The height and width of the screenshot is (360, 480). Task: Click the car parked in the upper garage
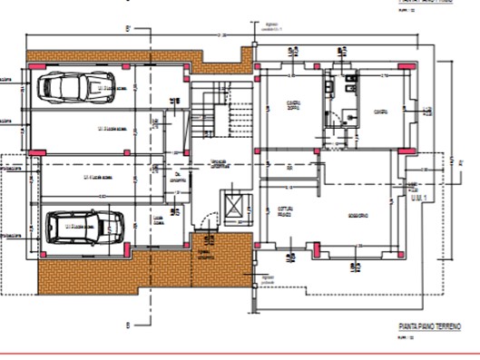(64, 88)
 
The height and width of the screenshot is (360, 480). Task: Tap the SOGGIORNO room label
(357, 215)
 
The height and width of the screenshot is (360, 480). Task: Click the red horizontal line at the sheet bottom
(240, 353)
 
